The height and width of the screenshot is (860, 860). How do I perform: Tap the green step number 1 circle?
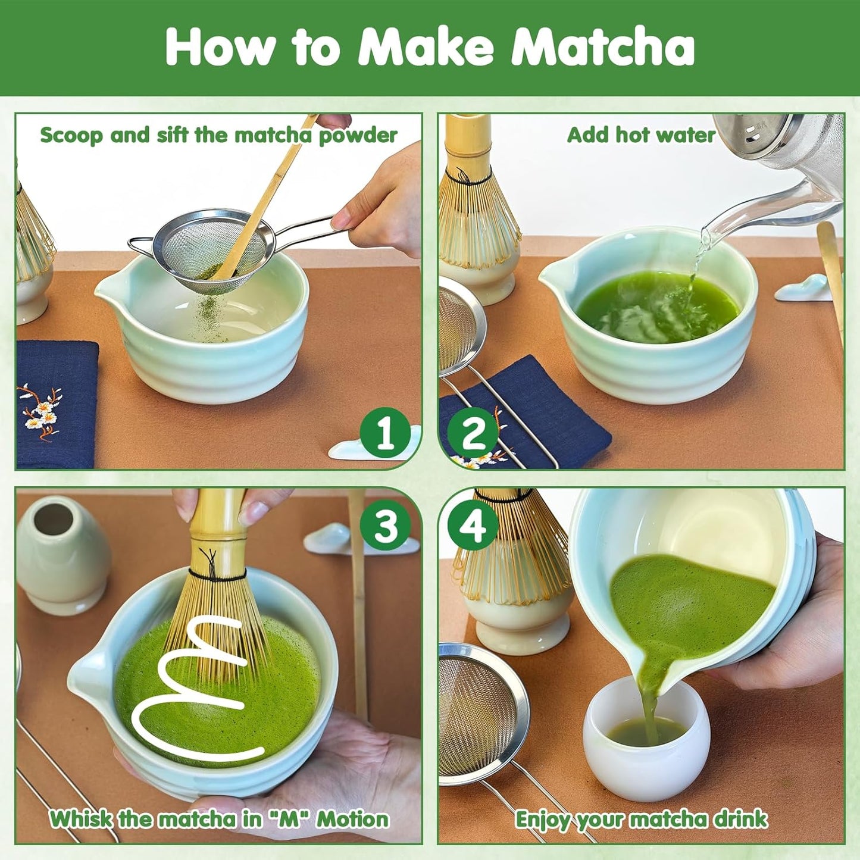[385, 433]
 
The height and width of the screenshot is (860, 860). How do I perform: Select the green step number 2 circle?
[473, 433]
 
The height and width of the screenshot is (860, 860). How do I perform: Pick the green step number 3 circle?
[385, 526]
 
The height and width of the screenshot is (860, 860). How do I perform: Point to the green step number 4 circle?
[473, 526]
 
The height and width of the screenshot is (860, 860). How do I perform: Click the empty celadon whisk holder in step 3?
[63, 553]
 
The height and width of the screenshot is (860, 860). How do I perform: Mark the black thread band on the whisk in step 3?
[217, 575]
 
